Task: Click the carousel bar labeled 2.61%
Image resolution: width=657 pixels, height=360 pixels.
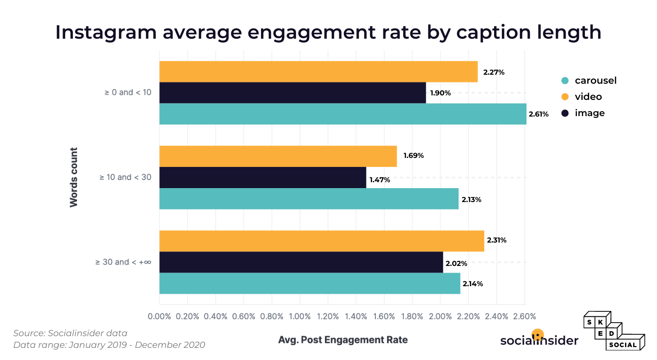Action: click(x=342, y=114)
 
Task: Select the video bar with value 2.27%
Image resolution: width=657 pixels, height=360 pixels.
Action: click(x=318, y=72)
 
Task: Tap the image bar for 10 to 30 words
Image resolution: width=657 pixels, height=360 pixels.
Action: click(x=262, y=177)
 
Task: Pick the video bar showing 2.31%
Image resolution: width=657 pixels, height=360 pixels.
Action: click(x=321, y=241)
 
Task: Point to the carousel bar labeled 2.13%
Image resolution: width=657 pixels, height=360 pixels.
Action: click(x=309, y=198)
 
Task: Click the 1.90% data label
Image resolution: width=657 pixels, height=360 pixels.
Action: click(x=440, y=93)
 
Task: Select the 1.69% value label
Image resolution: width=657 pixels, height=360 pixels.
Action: click(x=413, y=156)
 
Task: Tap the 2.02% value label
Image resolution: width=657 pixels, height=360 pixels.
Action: click(x=456, y=263)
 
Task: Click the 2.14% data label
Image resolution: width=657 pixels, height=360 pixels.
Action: click(x=472, y=283)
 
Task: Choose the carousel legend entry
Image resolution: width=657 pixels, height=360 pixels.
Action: click(x=589, y=81)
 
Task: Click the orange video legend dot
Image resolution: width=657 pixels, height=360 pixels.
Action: click(x=565, y=97)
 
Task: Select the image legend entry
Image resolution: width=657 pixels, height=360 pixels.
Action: click(x=583, y=113)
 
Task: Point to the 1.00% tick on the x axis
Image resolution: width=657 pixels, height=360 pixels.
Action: click(x=299, y=316)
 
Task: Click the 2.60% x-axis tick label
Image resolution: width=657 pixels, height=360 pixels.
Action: click(x=524, y=316)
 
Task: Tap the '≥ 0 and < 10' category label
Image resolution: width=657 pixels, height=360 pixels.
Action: click(x=128, y=92)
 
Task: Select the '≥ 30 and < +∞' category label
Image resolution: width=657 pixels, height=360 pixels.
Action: click(x=123, y=262)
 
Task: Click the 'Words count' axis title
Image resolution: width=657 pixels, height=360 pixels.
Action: click(x=74, y=177)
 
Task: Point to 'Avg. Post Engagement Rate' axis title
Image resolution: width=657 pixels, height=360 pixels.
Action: click(x=343, y=340)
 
